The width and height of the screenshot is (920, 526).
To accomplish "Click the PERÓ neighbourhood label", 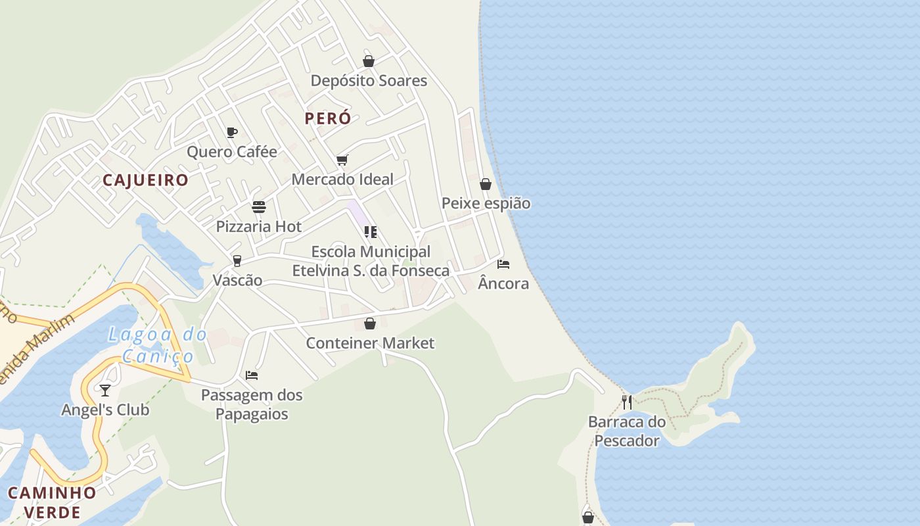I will [328, 118].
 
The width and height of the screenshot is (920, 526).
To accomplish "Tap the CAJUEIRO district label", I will [145, 180].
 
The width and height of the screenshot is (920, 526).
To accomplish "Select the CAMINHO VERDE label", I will [52, 502].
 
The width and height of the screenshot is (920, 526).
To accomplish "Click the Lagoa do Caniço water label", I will [158, 345].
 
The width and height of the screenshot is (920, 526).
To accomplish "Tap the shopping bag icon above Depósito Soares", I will [369, 61].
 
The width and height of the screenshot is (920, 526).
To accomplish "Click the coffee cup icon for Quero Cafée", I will [231, 132].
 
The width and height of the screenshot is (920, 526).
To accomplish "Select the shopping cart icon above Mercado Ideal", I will [342, 160].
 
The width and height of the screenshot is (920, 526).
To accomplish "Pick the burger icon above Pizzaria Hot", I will [259, 207].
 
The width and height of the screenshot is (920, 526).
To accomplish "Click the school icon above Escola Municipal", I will [371, 232].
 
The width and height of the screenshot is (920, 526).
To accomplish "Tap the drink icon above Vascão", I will [237, 261].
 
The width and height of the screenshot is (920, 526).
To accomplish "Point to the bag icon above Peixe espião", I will [486, 184].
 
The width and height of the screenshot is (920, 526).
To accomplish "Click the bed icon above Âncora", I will [503, 264].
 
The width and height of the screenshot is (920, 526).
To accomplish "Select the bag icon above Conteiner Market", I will [370, 323].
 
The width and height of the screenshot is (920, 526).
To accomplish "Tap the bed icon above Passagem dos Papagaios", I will [252, 375].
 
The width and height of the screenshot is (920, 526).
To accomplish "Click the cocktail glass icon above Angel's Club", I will [105, 391].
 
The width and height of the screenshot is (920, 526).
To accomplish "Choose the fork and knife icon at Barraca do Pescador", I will [627, 402].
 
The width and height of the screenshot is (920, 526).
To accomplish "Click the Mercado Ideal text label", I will [342, 179].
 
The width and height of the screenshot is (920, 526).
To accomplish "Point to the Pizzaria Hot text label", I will [259, 226].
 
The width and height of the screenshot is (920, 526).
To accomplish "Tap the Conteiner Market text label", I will [370, 343].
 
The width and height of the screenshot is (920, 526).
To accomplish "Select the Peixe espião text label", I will [486, 203].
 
